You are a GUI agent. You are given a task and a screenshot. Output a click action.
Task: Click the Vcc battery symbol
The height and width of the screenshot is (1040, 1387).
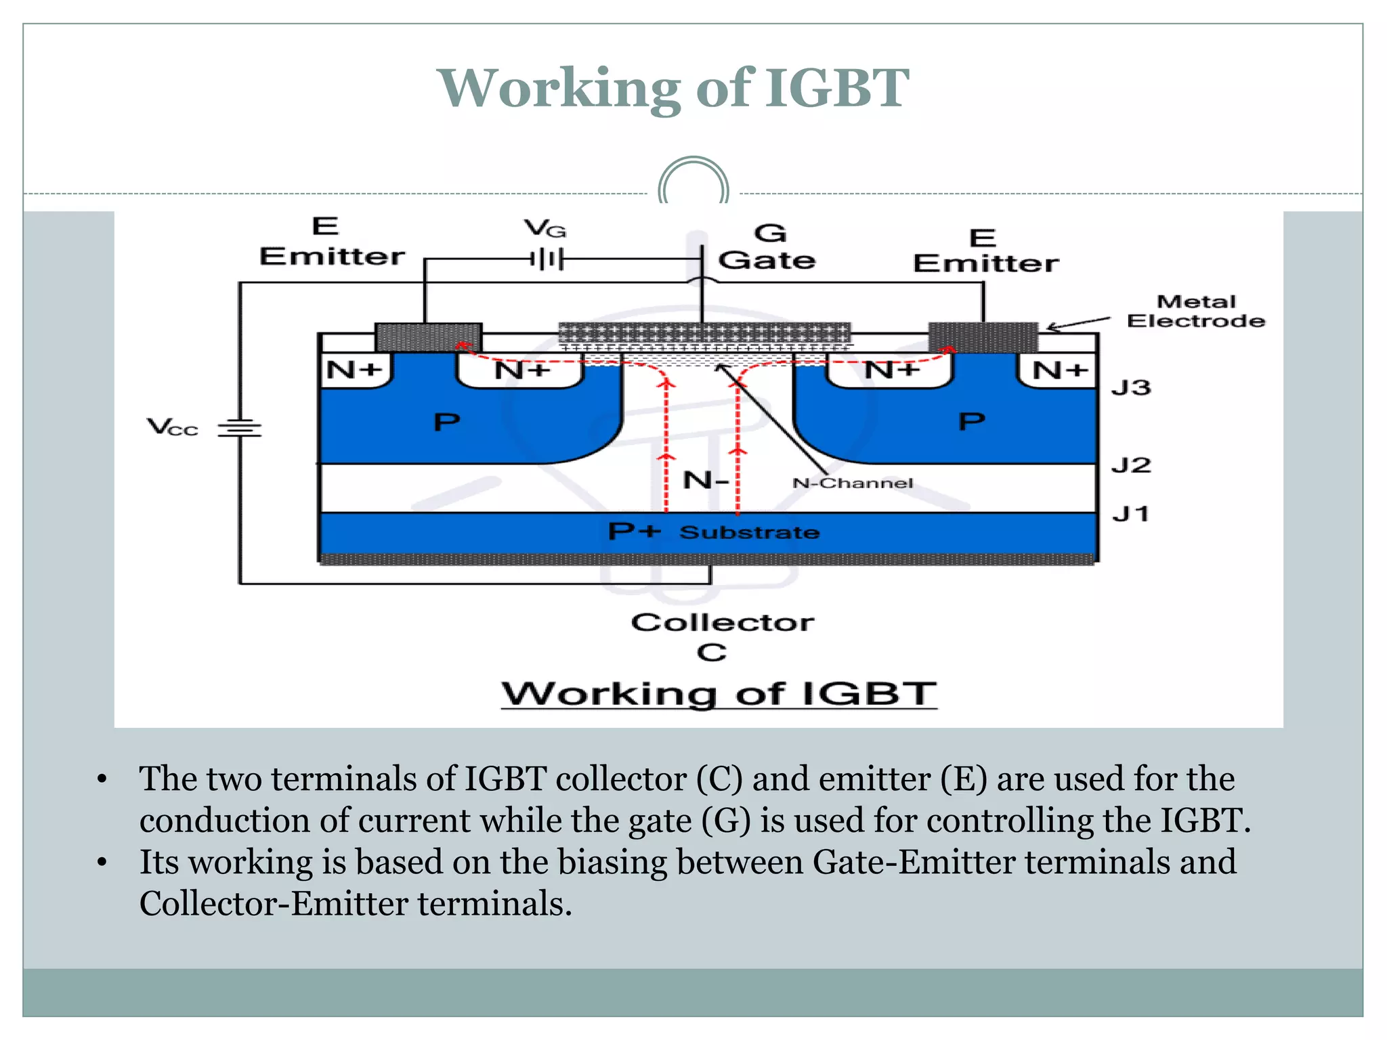click(x=239, y=428)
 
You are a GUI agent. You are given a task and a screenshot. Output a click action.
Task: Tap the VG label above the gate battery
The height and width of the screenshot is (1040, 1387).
click(x=545, y=229)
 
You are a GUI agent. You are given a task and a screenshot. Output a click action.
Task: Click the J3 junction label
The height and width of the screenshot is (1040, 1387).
click(x=1130, y=388)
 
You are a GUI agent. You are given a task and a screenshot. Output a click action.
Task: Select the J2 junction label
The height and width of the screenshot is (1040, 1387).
click(x=1130, y=465)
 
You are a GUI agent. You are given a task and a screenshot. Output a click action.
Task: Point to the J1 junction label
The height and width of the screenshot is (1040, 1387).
click(x=1130, y=514)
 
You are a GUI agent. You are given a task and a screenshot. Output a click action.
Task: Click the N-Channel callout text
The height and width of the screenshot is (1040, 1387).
click(x=852, y=483)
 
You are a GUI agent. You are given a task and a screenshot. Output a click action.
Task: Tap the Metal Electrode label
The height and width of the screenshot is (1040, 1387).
click(x=1195, y=311)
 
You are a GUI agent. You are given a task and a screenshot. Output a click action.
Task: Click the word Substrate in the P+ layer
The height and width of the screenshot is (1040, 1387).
click(x=749, y=532)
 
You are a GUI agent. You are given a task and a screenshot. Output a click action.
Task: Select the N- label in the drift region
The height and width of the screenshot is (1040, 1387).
click(x=705, y=480)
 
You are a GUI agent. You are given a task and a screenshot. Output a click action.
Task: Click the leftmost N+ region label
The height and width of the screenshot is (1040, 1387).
click(x=354, y=370)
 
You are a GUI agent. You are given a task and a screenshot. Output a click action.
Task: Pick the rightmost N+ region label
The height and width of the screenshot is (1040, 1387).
click(x=1060, y=370)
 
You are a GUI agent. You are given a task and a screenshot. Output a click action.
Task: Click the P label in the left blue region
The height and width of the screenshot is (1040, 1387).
click(x=446, y=422)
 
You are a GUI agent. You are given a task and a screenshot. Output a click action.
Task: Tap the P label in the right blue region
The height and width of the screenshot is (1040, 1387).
click(x=971, y=422)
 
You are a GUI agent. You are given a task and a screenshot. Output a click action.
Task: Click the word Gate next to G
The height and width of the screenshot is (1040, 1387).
click(x=767, y=260)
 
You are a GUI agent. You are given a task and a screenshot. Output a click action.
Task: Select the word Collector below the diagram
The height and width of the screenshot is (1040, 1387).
click(x=722, y=622)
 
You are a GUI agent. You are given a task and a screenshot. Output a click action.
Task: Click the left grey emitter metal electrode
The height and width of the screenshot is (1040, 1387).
click(x=428, y=337)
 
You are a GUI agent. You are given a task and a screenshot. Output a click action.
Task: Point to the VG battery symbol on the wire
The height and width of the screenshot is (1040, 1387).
click(x=547, y=259)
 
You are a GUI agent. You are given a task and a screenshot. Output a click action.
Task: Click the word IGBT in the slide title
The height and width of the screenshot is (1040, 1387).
click(x=837, y=88)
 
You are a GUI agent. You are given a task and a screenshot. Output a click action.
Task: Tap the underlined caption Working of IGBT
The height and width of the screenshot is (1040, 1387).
click(x=719, y=694)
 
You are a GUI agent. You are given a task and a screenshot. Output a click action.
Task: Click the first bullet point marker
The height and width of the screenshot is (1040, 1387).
click(x=102, y=779)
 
